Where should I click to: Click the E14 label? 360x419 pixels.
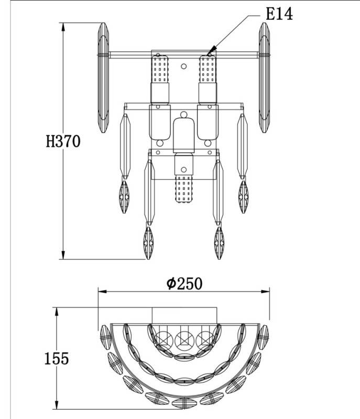(x=279, y=14)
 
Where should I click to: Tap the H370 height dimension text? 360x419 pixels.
(x=63, y=141)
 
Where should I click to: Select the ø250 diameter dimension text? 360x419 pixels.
(x=184, y=283)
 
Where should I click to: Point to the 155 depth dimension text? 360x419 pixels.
(x=57, y=358)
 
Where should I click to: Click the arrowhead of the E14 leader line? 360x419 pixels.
(x=211, y=50)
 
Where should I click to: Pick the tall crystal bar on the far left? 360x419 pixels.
(x=103, y=78)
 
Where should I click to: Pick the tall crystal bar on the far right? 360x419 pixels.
(x=264, y=78)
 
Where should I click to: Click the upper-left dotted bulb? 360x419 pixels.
(x=160, y=69)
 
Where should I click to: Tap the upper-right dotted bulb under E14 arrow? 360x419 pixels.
(x=208, y=69)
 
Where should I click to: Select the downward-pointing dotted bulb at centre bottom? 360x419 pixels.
(x=183, y=189)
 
